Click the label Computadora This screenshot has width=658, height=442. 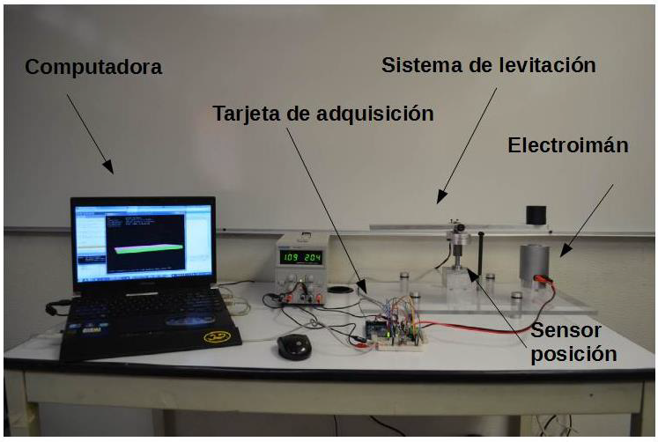click(x=93, y=67)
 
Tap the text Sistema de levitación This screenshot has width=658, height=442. click(x=489, y=65)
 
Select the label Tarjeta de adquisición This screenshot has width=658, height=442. click(x=323, y=114)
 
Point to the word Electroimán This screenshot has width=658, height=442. click(x=567, y=145)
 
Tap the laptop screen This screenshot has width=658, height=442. click(x=143, y=240)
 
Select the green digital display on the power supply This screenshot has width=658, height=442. click(x=300, y=257)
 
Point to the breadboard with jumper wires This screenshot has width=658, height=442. click(x=397, y=333)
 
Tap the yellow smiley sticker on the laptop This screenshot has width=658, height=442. click(x=211, y=337)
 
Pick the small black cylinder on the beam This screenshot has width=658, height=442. click(x=536, y=215)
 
